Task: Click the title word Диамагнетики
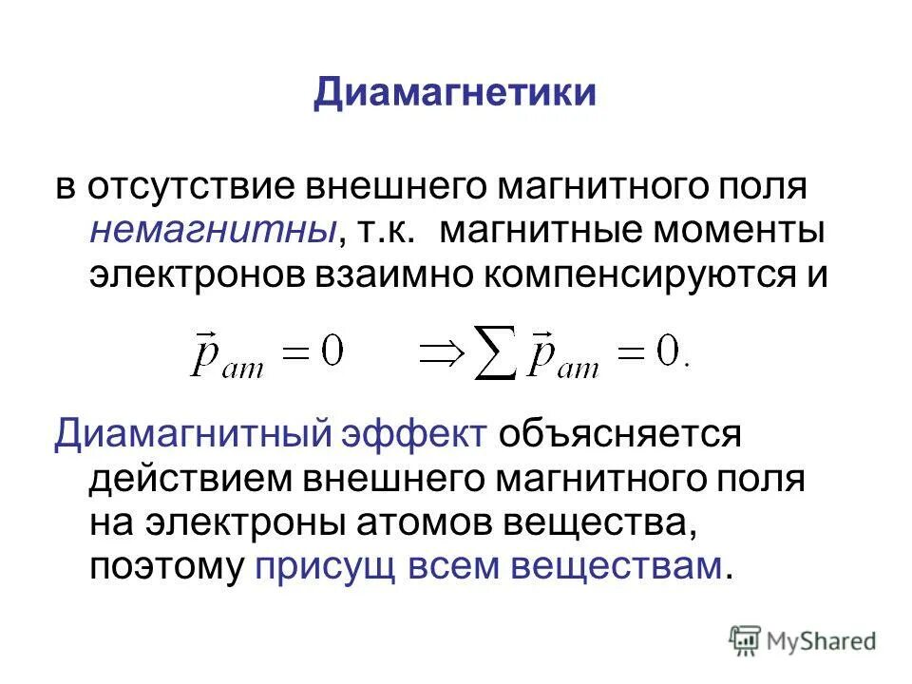pos(455,94)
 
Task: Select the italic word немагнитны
pos(215,231)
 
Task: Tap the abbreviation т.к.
pos(387,231)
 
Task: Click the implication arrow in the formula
pos(435,355)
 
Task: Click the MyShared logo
pos(803,640)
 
